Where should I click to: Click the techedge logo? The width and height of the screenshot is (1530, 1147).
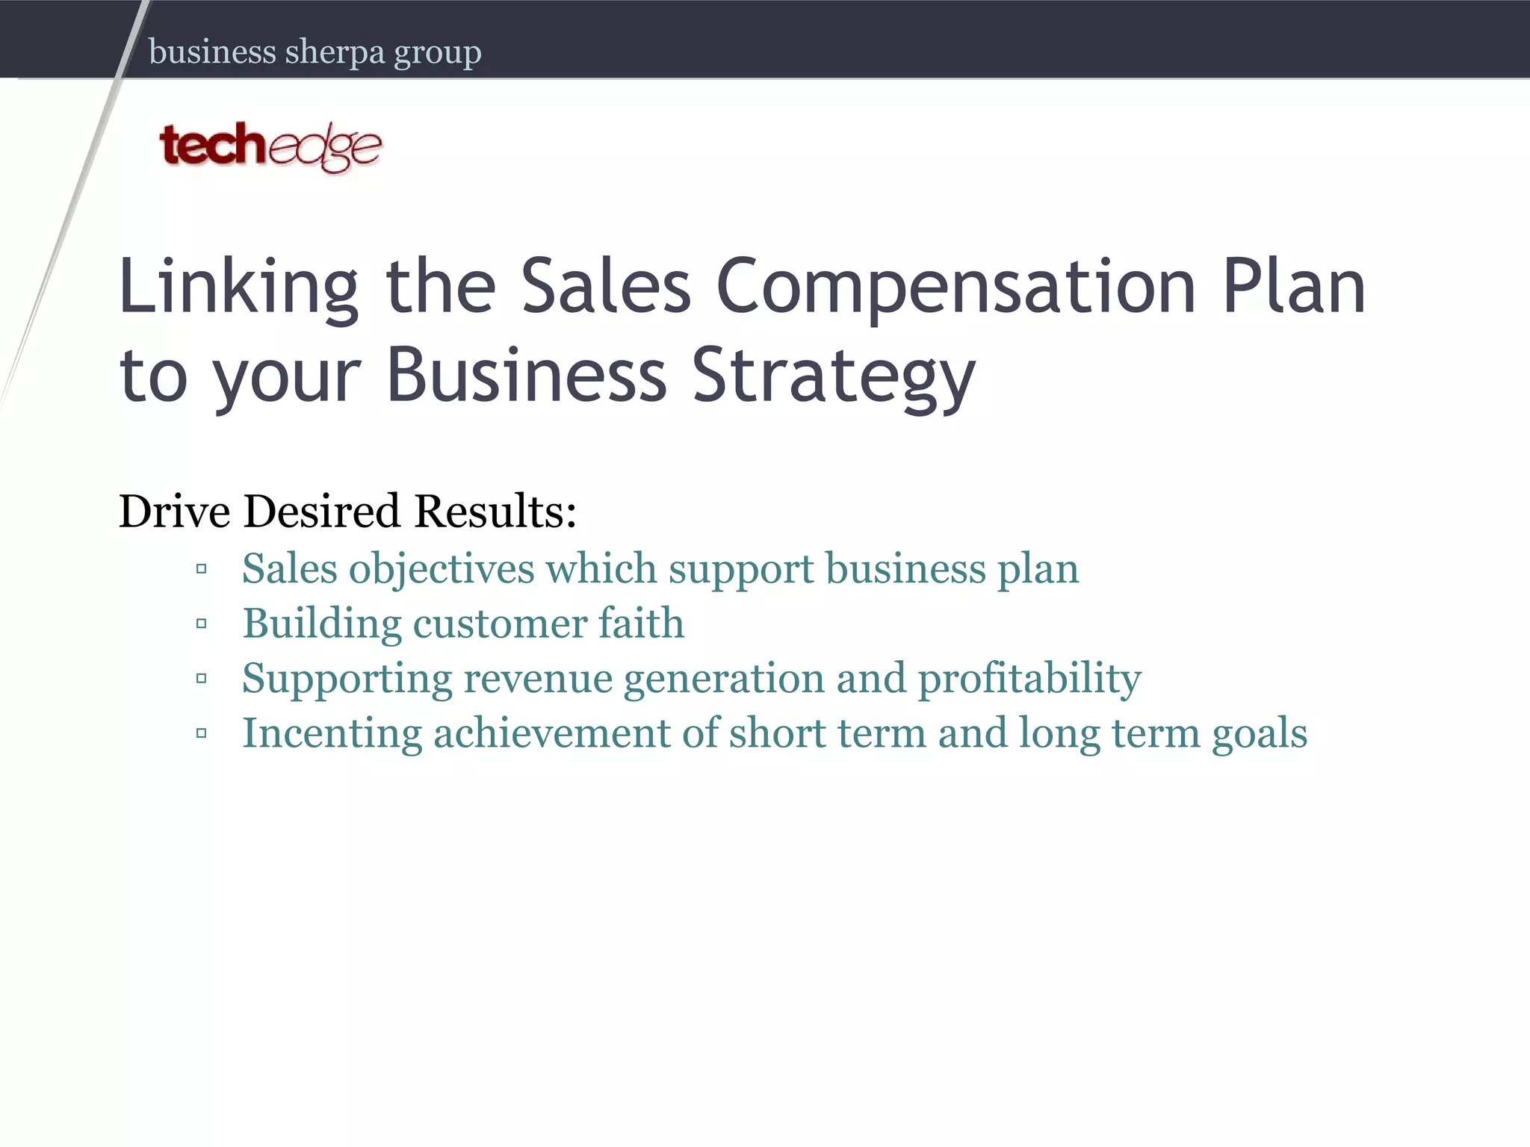[270, 146]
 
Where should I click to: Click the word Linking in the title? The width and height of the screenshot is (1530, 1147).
[238, 287]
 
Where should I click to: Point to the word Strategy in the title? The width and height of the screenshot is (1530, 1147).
[834, 376]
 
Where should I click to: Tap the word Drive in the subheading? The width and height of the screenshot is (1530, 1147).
[175, 512]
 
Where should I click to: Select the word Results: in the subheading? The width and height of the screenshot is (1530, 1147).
[495, 512]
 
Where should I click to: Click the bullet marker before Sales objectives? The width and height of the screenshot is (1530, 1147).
[201, 570]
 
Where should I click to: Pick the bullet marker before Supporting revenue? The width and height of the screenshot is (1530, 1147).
[201, 679]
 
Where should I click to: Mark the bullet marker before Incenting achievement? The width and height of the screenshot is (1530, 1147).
[201, 733]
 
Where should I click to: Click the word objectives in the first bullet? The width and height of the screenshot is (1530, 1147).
[442, 570]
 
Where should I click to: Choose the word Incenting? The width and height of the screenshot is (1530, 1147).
[332, 733]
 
